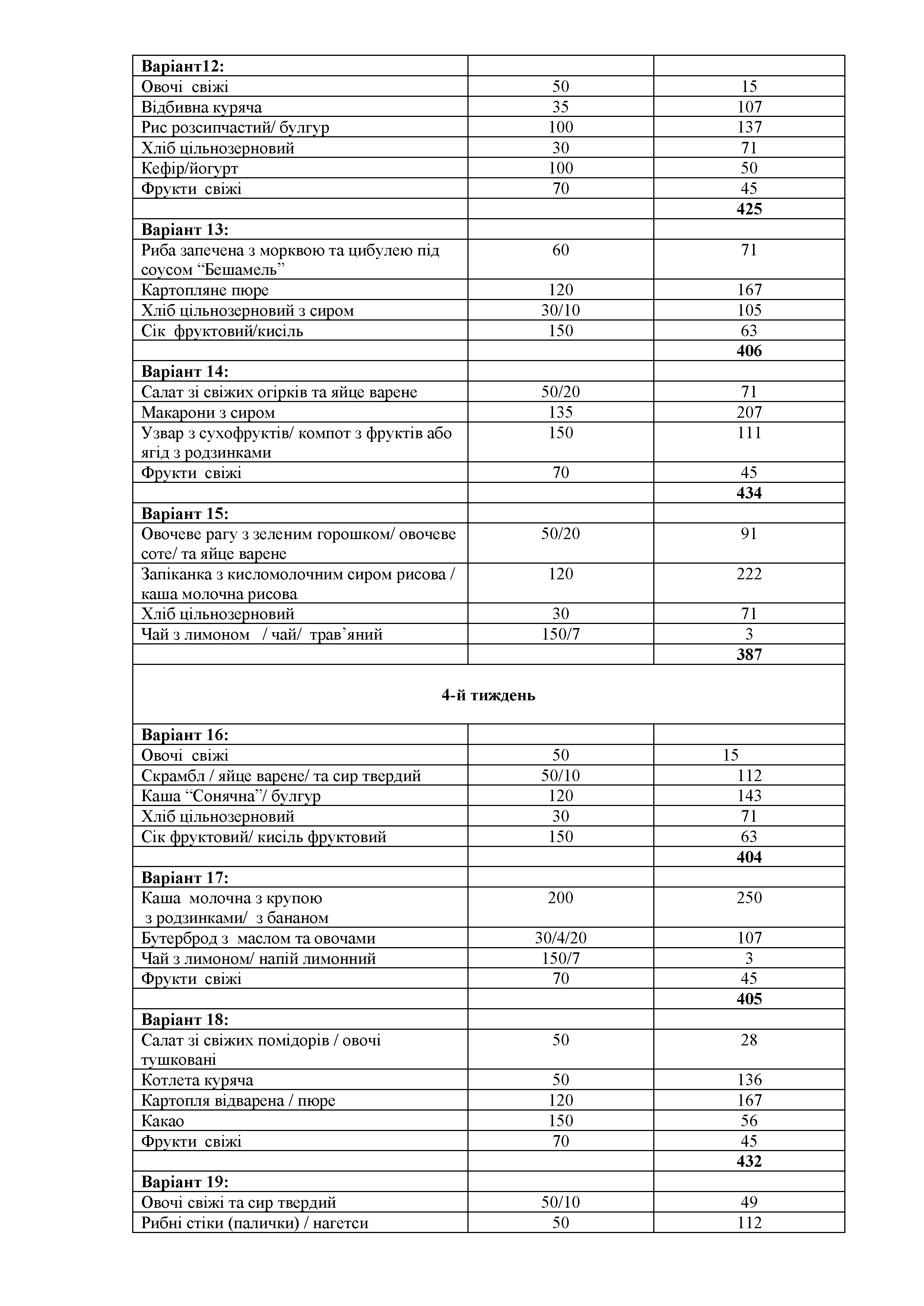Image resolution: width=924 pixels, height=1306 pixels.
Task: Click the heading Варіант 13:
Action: (x=185, y=230)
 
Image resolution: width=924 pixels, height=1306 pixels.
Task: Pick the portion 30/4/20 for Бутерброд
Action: (x=561, y=938)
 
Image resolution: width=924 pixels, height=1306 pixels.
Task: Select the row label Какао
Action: (x=163, y=1121)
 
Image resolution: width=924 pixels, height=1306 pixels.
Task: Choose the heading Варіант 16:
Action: (x=185, y=735)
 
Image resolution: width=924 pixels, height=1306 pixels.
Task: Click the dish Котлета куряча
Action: (x=197, y=1080)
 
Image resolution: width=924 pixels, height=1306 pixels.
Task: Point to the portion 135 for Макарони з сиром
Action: (x=561, y=412)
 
